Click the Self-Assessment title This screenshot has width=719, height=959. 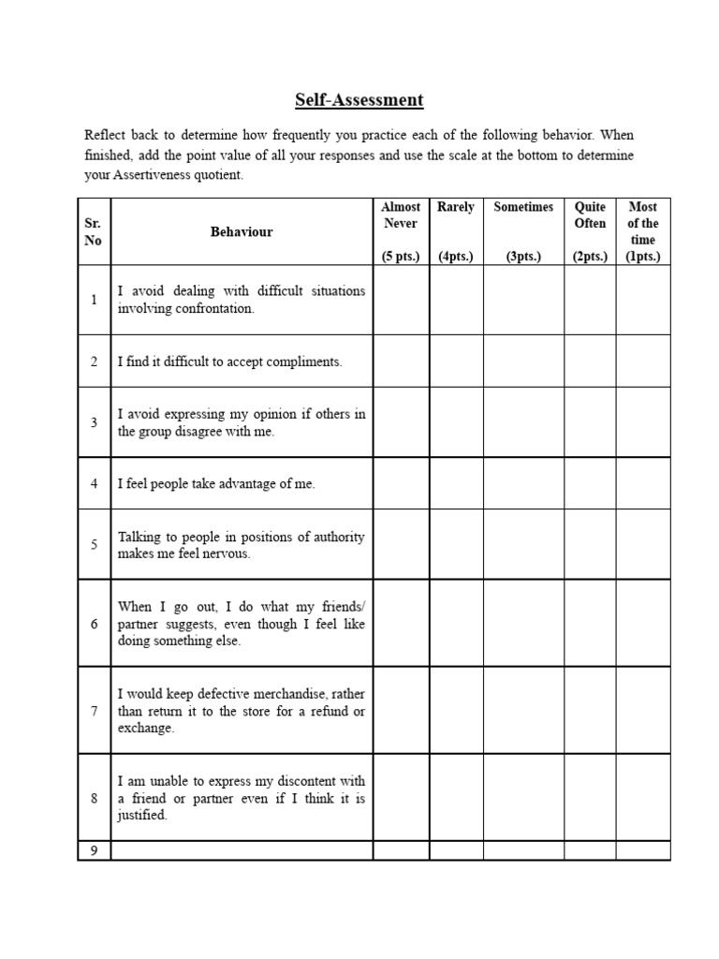coord(359,99)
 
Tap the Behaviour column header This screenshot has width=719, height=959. coord(242,231)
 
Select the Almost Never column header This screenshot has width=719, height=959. coord(401,214)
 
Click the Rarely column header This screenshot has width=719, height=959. coord(456,207)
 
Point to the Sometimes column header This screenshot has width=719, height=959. coord(523,207)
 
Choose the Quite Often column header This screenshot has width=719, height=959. coord(590,214)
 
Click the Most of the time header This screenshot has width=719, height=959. coord(642,223)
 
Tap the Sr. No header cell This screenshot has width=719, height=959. coord(94,231)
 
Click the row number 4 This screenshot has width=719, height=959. coord(94,484)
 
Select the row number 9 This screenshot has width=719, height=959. coord(94,850)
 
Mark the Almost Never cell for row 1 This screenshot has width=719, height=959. coord(401,300)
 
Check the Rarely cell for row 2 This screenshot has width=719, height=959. coord(456,361)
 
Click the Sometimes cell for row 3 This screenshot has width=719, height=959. coord(523,422)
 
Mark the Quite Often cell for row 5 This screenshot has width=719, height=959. coord(590,545)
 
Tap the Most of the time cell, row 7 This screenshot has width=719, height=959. coord(642,711)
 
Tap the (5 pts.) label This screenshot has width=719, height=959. coord(401,257)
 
